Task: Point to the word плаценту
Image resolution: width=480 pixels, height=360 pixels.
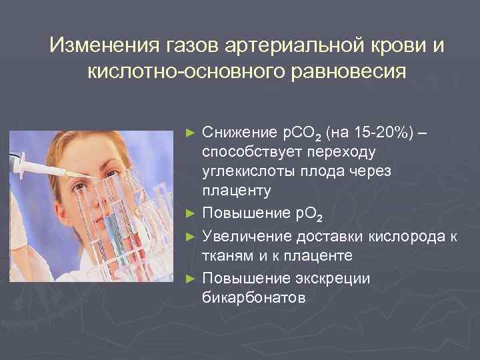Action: tap(236, 191)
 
